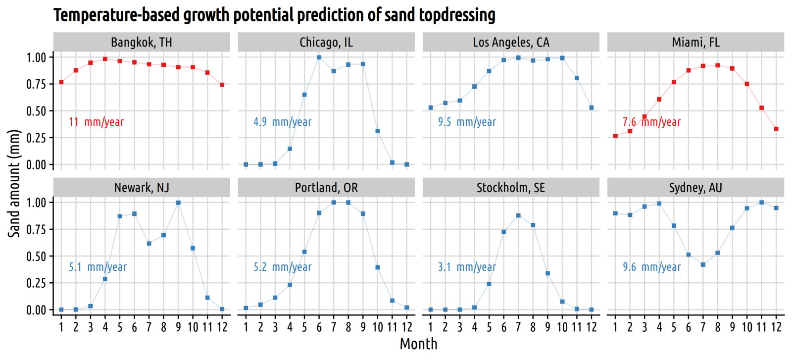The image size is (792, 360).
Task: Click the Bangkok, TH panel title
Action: (142, 42)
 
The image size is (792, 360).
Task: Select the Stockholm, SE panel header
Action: (510, 187)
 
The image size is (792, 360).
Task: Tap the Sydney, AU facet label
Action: (695, 187)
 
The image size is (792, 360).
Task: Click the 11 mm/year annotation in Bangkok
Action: (96, 122)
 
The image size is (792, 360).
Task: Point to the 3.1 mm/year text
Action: (467, 266)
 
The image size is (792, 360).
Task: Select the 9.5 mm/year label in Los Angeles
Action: (467, 122)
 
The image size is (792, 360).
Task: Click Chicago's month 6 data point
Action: (319, 57)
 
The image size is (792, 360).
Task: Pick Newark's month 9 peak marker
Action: (178, 203)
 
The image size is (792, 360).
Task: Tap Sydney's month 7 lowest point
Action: (703, 264)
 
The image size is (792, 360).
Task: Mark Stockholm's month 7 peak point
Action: (518, 215)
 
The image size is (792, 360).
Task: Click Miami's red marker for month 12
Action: (776, 129)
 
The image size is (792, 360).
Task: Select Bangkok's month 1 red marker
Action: (61, 82)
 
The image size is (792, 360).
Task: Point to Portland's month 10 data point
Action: (378, 267)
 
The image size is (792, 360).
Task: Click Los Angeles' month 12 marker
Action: (592, 107)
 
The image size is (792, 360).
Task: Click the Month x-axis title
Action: (418, 344)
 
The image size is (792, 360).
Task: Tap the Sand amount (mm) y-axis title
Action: (14, 184)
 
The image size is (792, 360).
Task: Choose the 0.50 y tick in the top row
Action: (36, 111)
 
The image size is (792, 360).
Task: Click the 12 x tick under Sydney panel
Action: (776, 327)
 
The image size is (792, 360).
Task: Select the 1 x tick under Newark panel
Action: (61, 327)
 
